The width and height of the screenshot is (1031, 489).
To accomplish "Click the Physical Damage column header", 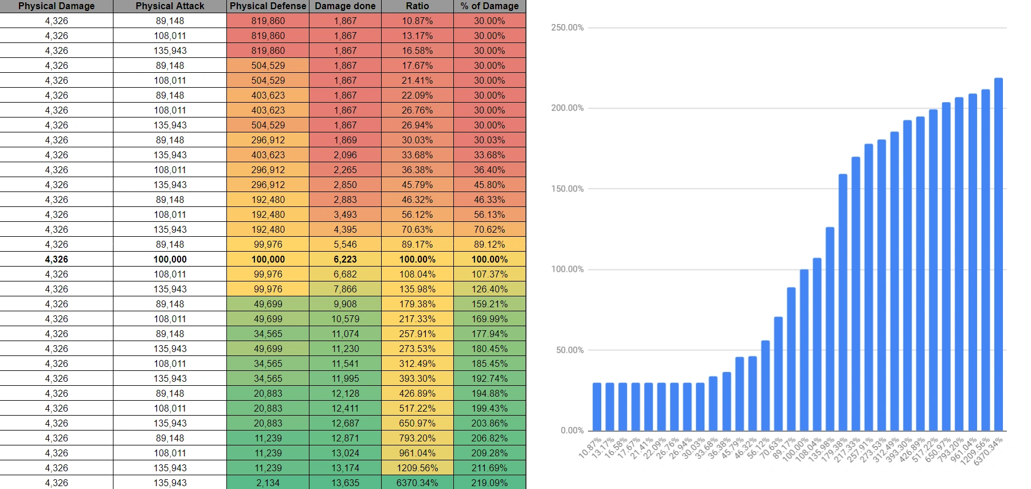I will tap(56, 6).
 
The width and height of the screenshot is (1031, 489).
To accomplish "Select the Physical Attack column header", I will tap(170, 6).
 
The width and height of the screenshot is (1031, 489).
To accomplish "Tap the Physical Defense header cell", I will tap(268, 6).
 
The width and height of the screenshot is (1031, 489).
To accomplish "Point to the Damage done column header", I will tap(345, 6).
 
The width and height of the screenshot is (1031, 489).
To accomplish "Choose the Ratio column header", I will tap(417, 6).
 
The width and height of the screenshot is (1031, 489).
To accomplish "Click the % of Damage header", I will tap(489, 6).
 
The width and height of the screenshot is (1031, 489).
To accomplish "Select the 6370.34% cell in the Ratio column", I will tap(417, 483).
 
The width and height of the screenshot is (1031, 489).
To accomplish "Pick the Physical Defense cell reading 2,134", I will tap(268, 483).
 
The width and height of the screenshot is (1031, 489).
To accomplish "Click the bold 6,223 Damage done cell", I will tap(345, 259).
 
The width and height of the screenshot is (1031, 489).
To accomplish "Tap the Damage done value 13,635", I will tap(345, 483).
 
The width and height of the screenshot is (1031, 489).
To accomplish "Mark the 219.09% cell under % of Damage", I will tap(489, 483).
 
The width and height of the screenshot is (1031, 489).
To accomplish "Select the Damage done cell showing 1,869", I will tap(345, 140).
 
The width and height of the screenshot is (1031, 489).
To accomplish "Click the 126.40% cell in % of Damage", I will tap(489, 289).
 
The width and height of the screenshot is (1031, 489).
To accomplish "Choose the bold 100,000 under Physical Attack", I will tap(170, 259).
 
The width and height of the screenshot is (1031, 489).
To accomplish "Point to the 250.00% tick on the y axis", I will tap(567, 28).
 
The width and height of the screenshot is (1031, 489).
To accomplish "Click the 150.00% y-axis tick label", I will tap(567, 189).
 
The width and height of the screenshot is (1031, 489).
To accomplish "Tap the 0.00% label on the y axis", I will tap(572, 431).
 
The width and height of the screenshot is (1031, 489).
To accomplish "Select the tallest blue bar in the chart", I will tap(998, 255).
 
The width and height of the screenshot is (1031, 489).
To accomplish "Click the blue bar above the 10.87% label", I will tap(597, 406).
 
